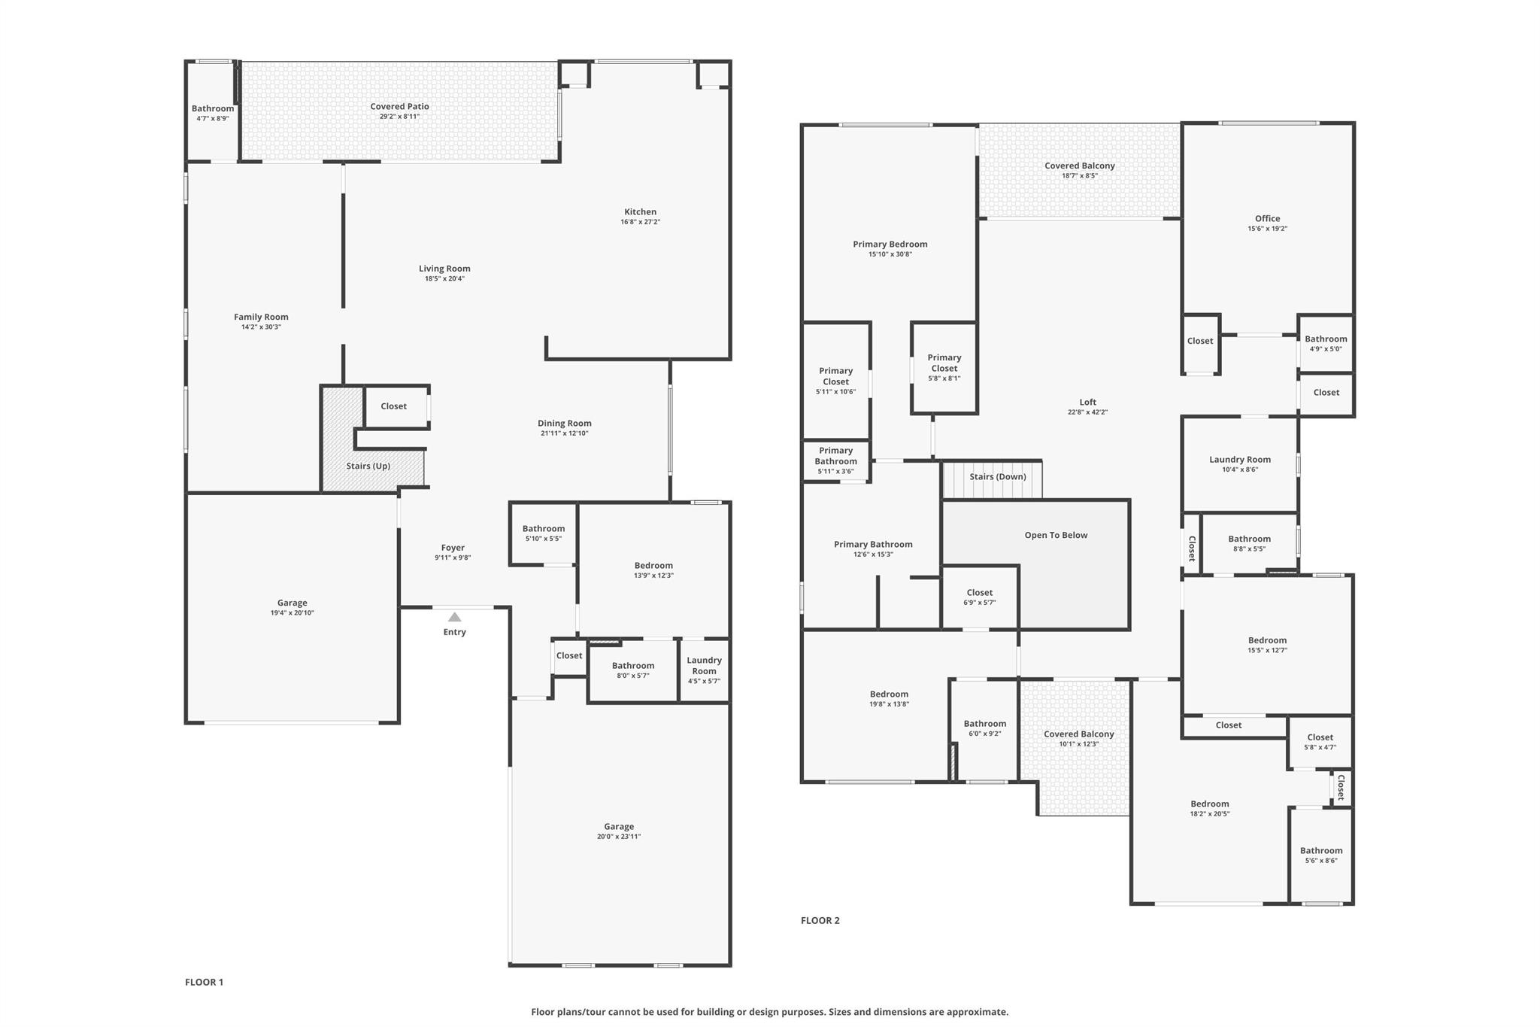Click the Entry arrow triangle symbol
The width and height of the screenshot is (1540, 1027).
455,617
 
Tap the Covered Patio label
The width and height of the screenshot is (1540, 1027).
399,107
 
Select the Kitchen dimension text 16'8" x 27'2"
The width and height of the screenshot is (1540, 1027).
640,222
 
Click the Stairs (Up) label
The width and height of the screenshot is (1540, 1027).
368,466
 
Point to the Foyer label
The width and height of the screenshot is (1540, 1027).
453,548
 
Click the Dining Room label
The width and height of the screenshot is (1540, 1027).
564,423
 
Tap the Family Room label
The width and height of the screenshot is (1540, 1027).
261,317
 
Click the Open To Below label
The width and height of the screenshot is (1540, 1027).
1056,535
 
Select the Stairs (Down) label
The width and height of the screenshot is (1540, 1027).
997,476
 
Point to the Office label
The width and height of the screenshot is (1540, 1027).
1267,218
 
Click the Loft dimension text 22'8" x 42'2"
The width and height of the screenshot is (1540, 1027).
1087,412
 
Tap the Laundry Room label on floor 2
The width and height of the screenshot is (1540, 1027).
1239,459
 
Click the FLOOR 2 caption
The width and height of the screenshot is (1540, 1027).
820,920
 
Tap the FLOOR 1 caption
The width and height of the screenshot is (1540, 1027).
204,982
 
